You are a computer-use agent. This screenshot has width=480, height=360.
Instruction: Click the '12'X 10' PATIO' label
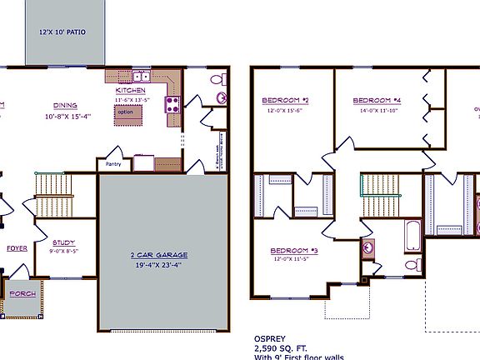(62, 32)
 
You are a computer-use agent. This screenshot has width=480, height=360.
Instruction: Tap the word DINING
(65, 105)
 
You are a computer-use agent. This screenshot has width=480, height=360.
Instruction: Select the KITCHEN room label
(131, 89)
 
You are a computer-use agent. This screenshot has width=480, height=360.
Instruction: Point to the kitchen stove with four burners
(173, 104)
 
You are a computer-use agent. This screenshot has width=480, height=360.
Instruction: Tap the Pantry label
(109, 165)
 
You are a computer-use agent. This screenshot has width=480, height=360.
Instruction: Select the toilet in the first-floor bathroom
(218, 81)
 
